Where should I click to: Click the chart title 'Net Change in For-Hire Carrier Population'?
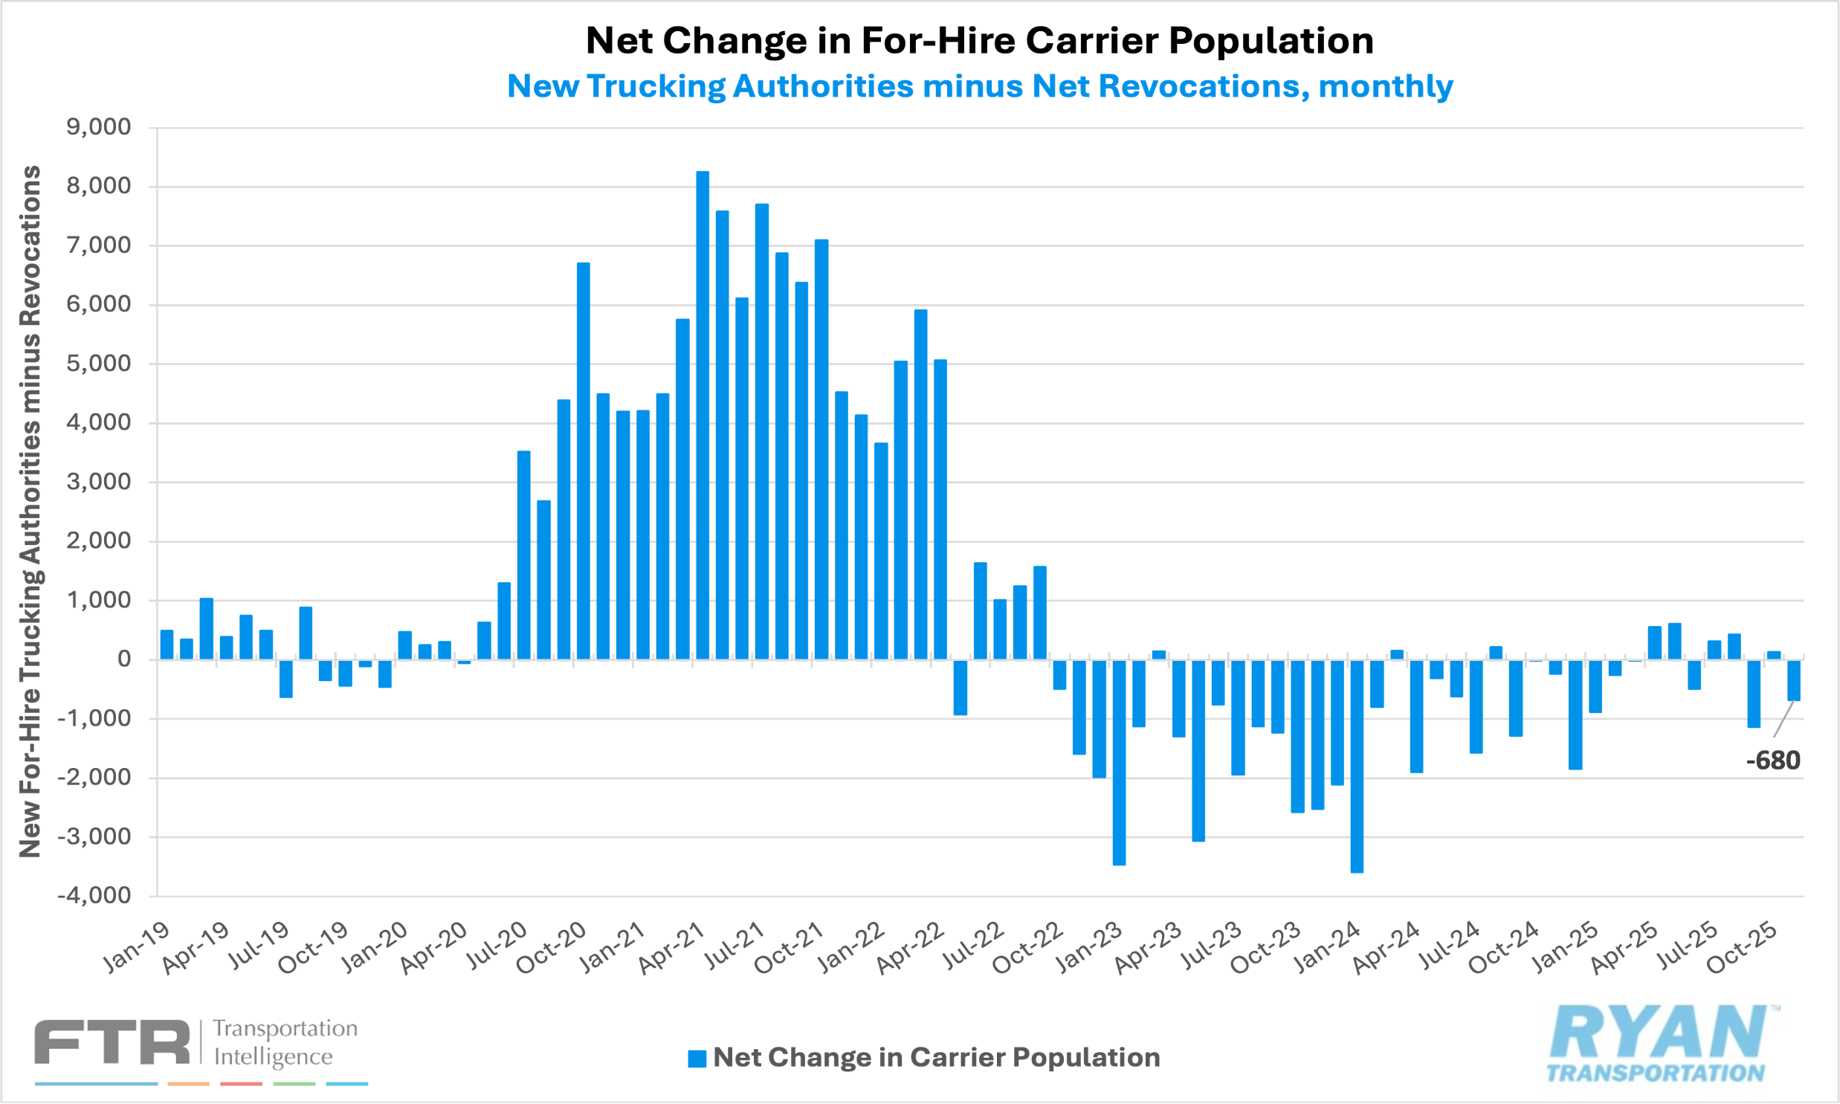(979, 41)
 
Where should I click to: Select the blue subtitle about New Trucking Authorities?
(979, 86)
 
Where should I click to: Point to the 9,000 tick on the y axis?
(98, 127)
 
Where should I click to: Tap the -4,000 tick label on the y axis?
(94, 895)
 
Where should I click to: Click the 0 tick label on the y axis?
(123, 659)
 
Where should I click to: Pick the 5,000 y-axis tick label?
(98, 364)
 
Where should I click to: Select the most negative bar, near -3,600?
(1357, 766)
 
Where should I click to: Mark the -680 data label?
(1773, 761)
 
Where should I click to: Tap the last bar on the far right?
(1794, 680)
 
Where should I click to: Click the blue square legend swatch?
(697, 1059)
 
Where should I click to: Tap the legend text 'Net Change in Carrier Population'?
(936, 1057)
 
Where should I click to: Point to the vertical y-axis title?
(30, 511)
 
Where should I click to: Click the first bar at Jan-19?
(167, 645)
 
